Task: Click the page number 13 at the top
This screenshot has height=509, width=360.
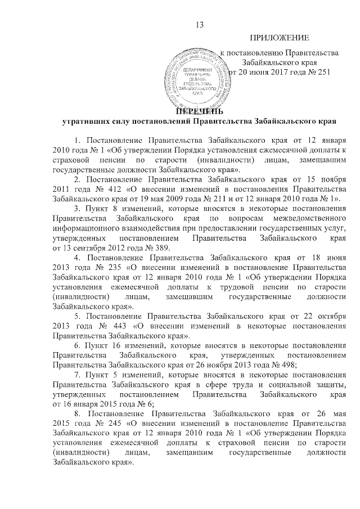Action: click(198, 24)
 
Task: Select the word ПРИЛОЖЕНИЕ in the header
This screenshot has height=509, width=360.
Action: click(279, 38)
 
